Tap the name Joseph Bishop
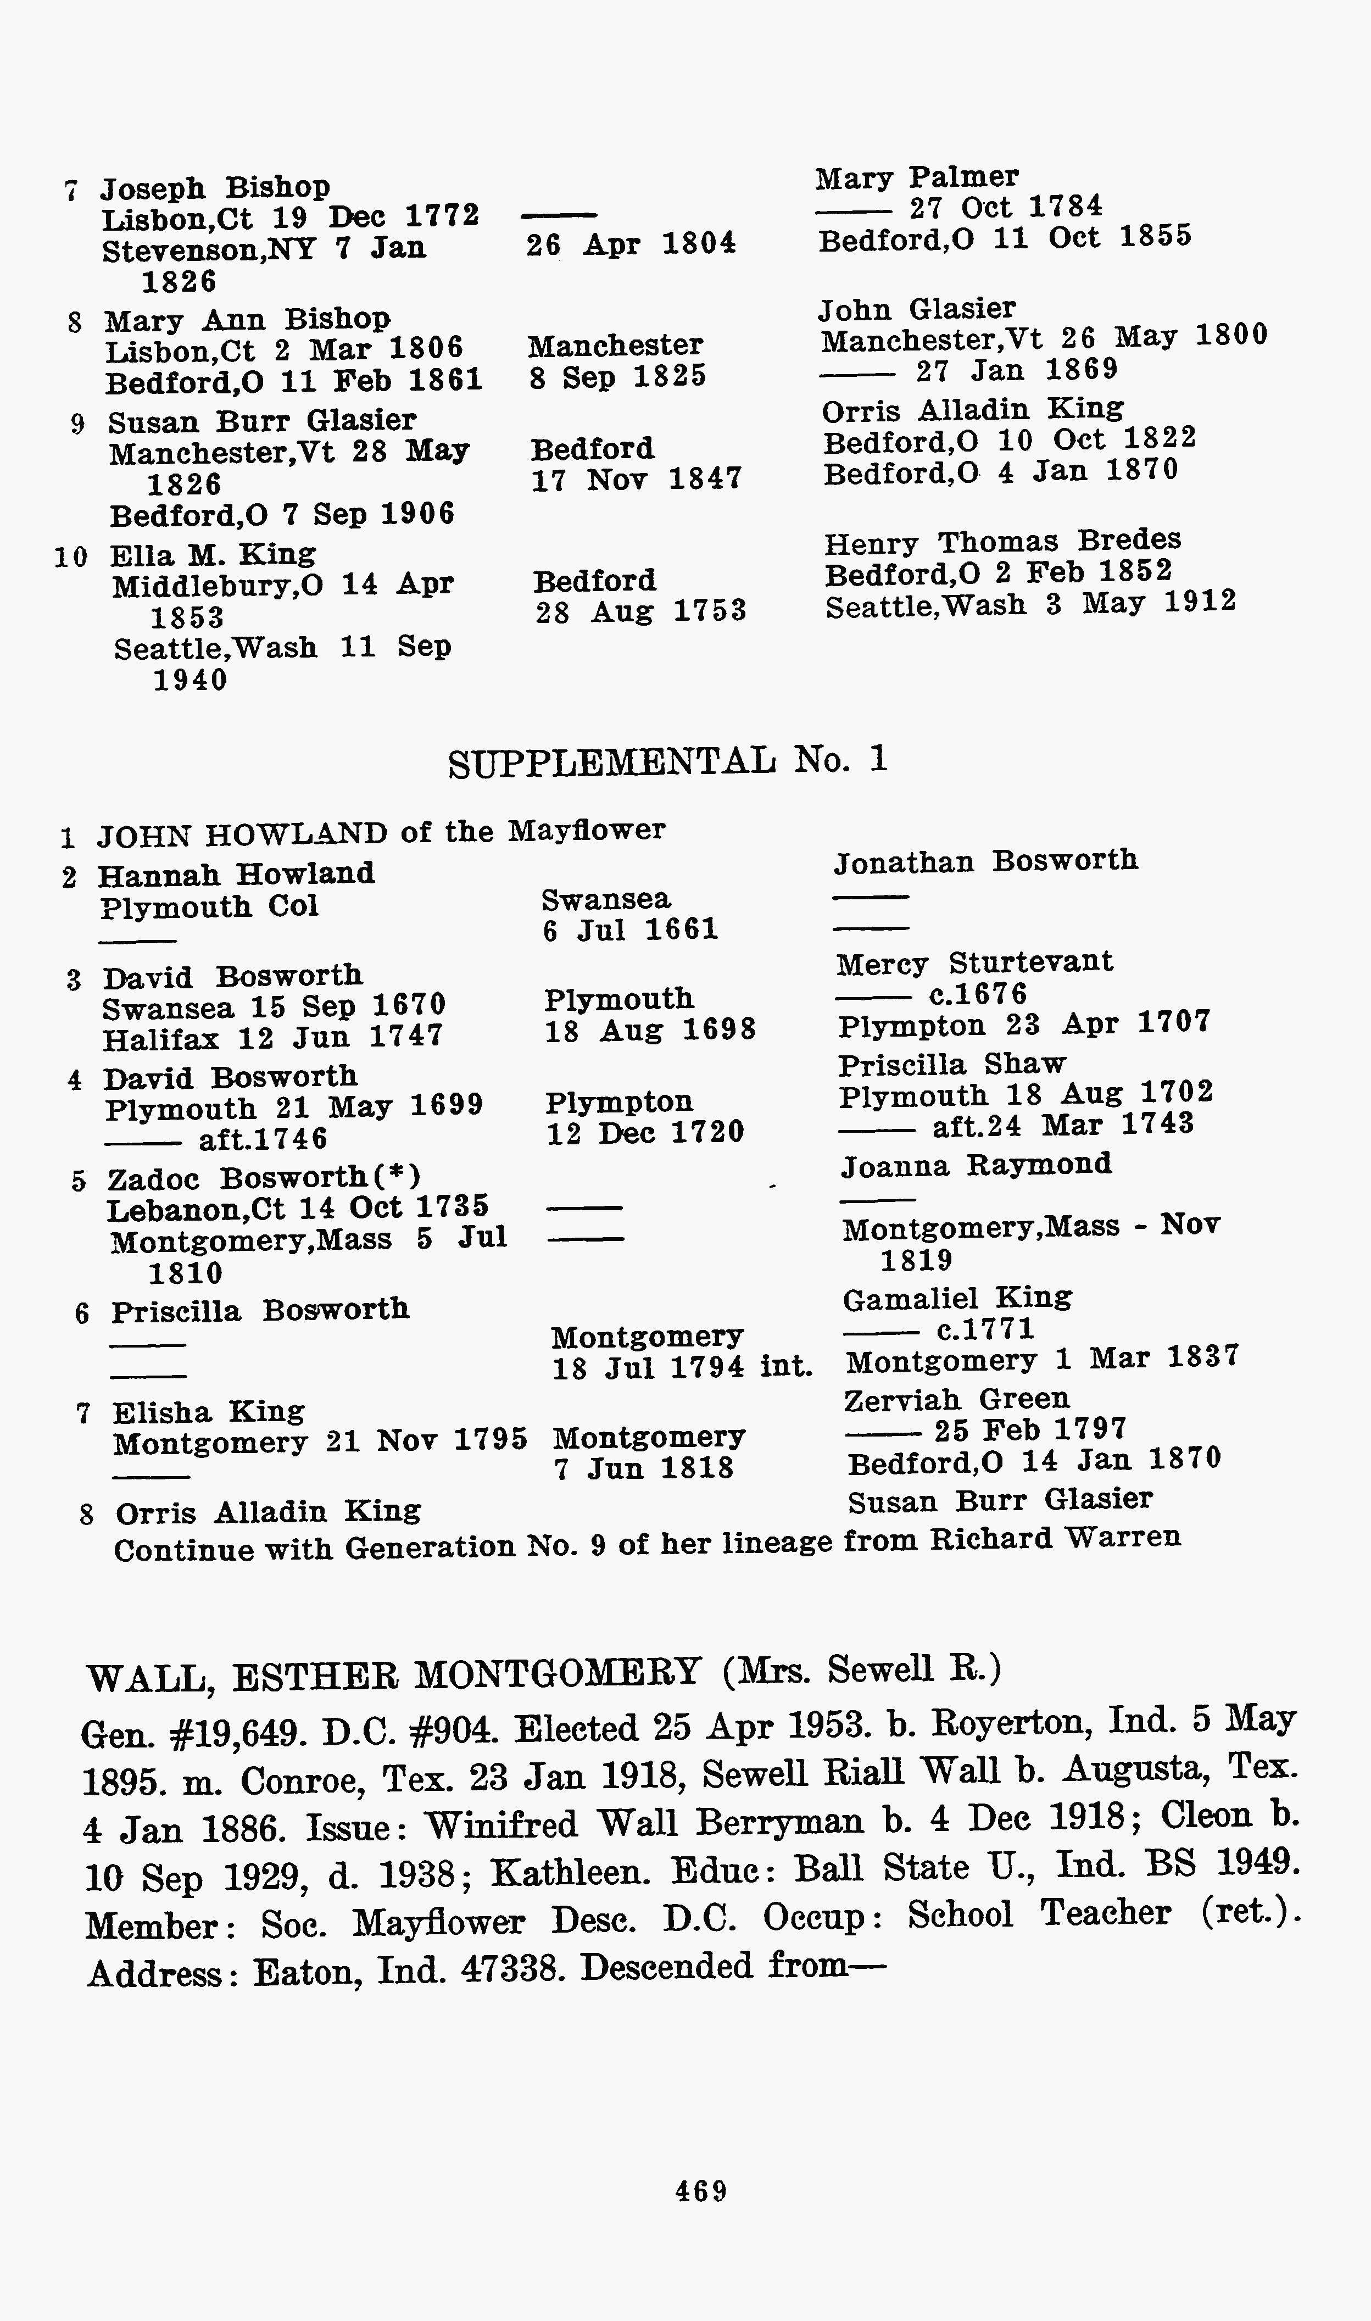tap(214, 187)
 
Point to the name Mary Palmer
tap(916, 176)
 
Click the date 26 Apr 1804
tap(631, 244)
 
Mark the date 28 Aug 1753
tap(640, 611)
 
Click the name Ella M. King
tap(213, 554)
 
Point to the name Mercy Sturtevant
tap(974, 963)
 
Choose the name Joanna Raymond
tap(976, 1165)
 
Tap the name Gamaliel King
tap(957, 1298)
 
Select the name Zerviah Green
tap(956, 1399)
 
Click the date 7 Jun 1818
tap(644, 1468)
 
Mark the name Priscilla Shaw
tap(951, 1065)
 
